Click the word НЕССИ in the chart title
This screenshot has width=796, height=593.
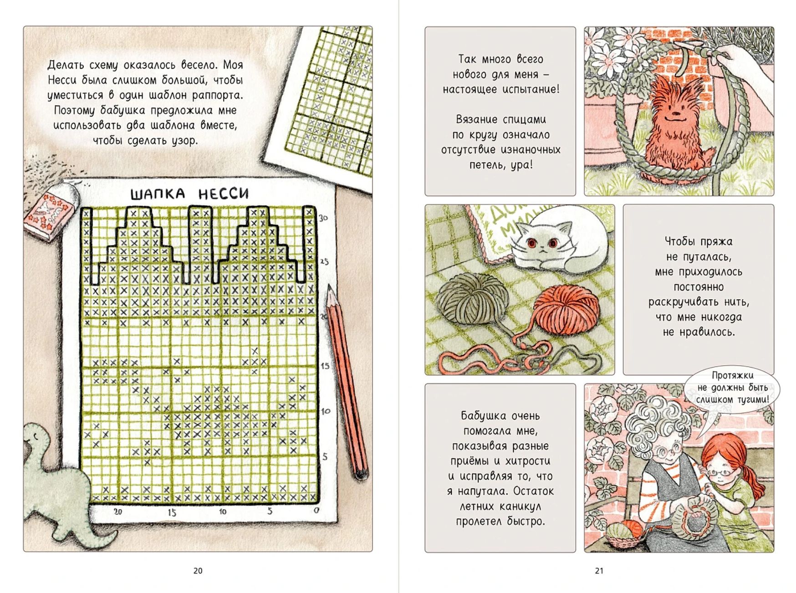(x=224, y=194)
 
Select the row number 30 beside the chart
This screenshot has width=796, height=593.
(x=323, y=218)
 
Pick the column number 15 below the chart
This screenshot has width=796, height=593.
(x=172, y=512)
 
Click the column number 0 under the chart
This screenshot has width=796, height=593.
(x=316, y=511)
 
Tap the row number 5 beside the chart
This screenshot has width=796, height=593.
(x=325, y=456)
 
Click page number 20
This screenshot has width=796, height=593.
(x=198, y=571)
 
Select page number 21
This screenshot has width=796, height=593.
(x=599, y=571)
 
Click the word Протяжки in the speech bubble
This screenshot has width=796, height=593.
(x=733, y=376)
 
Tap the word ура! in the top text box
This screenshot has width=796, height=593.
(x=522, y=165)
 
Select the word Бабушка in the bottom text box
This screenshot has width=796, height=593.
(x=482, y=416)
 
